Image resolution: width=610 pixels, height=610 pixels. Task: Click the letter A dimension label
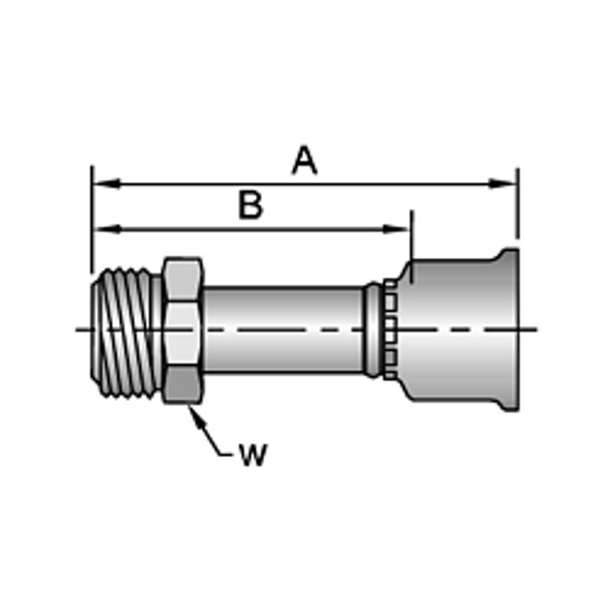point(304,161)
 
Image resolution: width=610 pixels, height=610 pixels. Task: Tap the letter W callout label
point(253,454)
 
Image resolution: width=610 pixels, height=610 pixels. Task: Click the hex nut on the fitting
point(182,329)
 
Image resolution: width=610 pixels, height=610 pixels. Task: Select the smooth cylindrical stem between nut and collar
point(284,329)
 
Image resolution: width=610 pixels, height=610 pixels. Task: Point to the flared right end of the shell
point(511,329)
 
